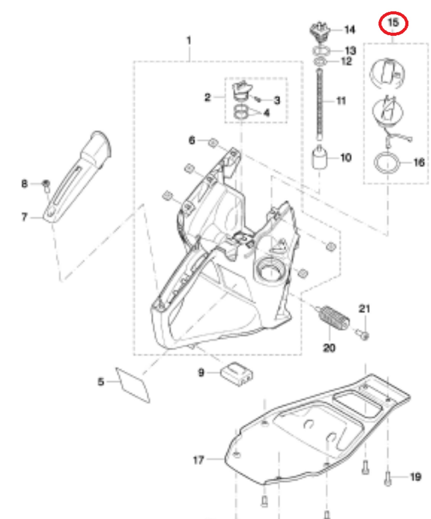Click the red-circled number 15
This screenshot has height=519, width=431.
(x=393, y=23)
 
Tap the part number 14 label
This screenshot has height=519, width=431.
(x=349, y=30)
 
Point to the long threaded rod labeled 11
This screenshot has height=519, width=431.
(x=319, y=104)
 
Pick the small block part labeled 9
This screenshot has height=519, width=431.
(x=237, y=374)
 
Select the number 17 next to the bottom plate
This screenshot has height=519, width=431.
(x=198, y=460)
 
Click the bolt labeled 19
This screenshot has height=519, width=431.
(x=387, y=478)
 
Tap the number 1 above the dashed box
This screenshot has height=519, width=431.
(x=189, y=41)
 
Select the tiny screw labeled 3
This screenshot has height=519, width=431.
(x=258, y=99)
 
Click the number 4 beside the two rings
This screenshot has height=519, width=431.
(x=266, y=113)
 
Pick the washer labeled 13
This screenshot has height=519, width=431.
(x=321, y=51)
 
